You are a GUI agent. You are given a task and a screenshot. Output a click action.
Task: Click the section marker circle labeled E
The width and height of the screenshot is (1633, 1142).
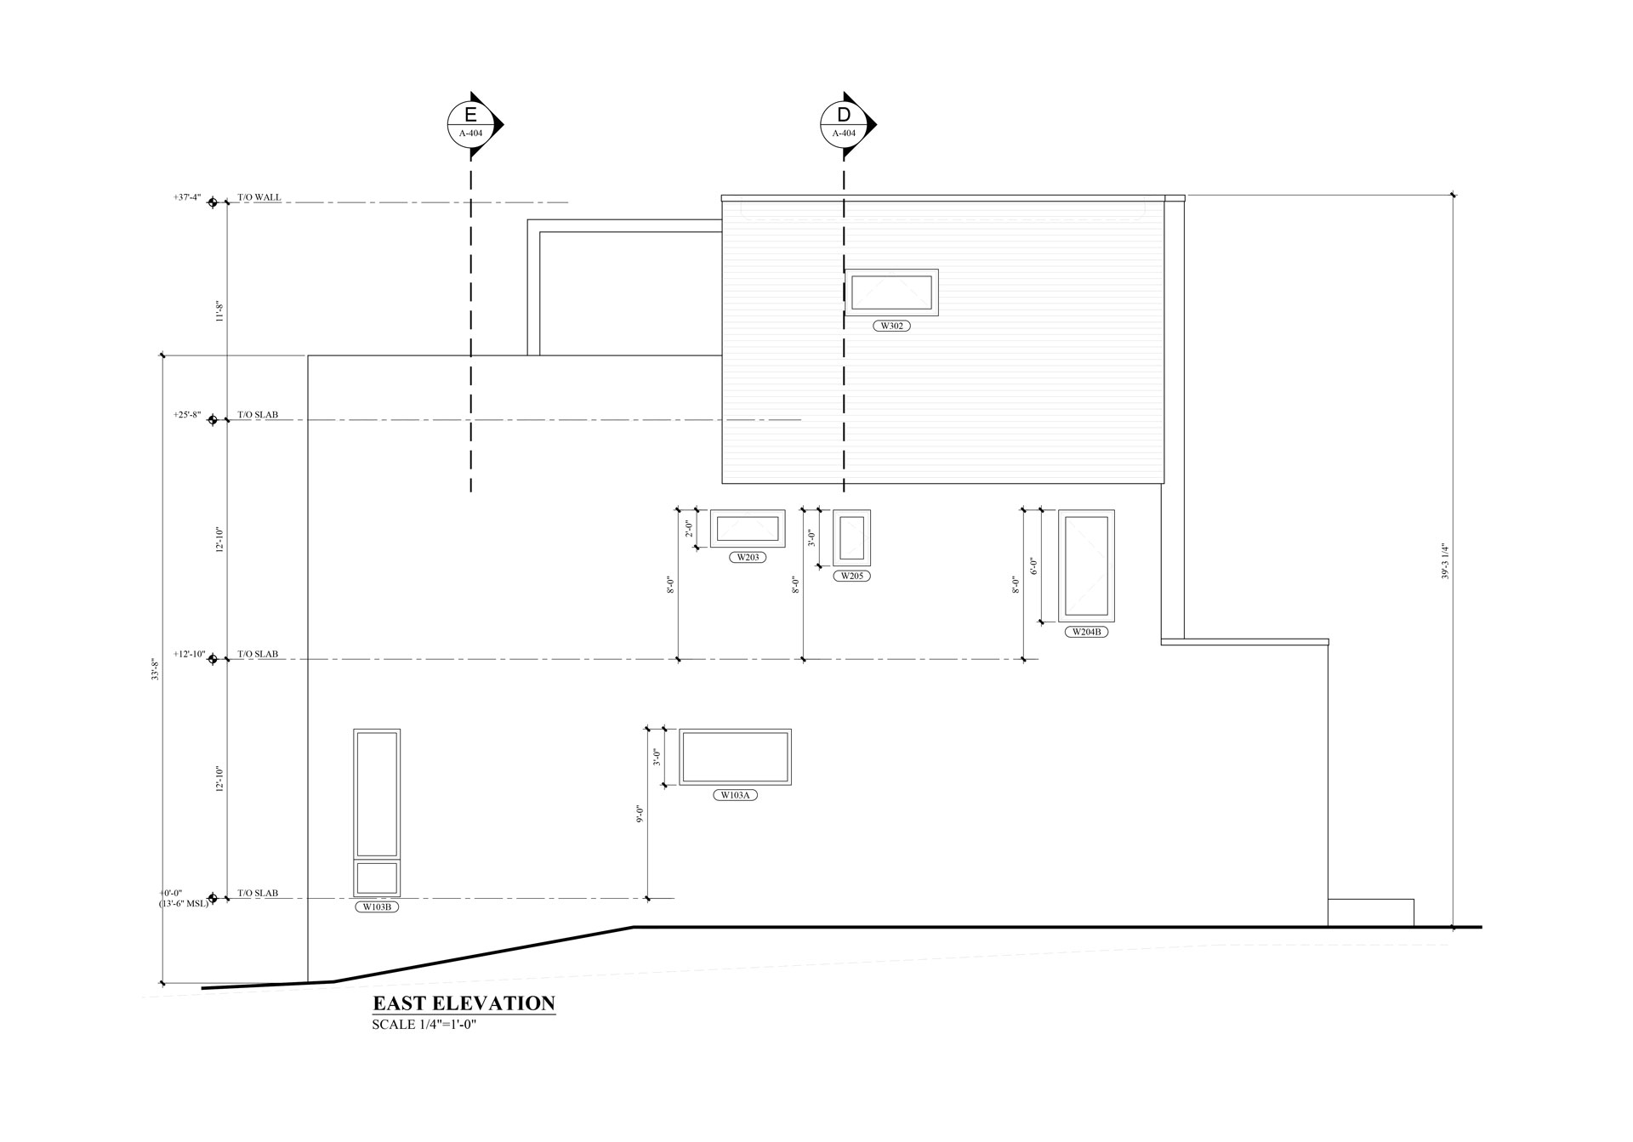(x=470, y=124)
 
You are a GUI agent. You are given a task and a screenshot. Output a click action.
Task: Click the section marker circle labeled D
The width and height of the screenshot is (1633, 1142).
(x=843, y=124)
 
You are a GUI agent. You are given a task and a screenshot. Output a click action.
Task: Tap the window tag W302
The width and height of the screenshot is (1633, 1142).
(x=891, y=326)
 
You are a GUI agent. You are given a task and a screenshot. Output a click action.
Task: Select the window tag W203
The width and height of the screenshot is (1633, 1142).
(x=748, y=558)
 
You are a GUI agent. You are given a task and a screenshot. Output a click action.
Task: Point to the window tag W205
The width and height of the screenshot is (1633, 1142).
(x=851, y=577)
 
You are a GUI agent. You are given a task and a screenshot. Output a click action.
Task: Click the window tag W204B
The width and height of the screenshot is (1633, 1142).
(x=1086, y=633)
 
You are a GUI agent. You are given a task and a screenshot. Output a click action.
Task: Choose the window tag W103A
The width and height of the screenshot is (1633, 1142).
(x=735, y=796)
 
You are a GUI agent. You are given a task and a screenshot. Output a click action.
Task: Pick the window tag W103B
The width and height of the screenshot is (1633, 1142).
(x=377, y=907)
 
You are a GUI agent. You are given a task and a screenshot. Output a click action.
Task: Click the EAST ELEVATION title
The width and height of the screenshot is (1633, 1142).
(x=464, y=1003)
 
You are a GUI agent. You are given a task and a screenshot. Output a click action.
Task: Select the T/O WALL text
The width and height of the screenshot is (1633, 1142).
(x=259, y=197)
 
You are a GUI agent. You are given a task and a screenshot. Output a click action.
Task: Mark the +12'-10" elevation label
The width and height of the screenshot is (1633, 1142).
(x=189, y=654)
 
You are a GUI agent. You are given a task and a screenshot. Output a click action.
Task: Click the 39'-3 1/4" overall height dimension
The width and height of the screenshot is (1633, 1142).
(x=1444, y=561)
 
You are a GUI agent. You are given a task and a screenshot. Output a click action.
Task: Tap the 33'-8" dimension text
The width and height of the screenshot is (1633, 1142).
(x=155, y=669)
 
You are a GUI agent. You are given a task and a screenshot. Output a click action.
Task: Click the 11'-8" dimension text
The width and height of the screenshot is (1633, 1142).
(x=219, y=312)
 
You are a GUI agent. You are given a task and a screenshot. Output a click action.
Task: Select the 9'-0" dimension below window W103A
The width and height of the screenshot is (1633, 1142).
(x=640, y=814)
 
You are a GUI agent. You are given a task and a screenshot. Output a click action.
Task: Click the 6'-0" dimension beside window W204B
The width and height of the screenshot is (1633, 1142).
(x=1033, y=566)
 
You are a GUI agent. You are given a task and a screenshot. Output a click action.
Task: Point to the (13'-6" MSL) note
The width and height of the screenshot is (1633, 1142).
(x=184, y=903)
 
